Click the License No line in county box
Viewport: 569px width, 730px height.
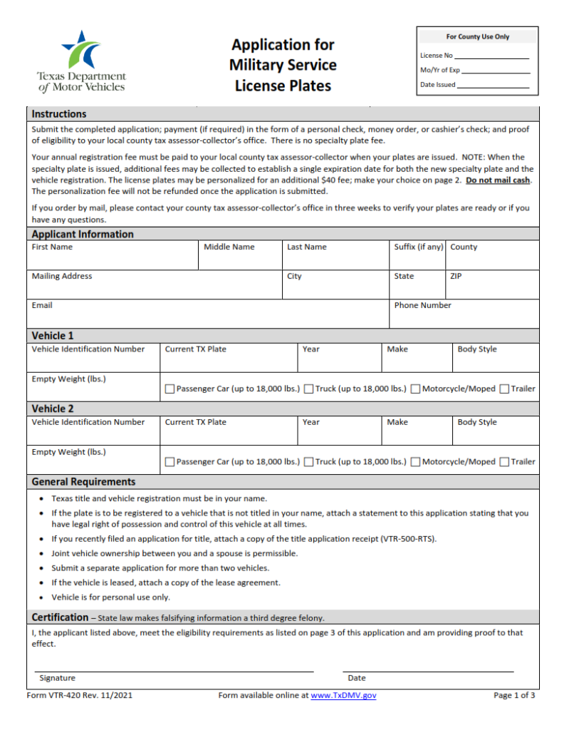tap(491, 57)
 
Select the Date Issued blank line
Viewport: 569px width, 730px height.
tap(493, 86)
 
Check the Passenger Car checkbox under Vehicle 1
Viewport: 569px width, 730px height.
tap(169, 389)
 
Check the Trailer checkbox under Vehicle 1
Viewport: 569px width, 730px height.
tap(504, 389)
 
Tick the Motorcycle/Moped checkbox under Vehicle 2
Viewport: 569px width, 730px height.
tap(415, 462)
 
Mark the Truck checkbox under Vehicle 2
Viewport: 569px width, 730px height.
tap(309, 462)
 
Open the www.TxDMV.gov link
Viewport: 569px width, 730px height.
tap(343, 695)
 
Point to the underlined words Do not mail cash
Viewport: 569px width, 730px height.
tap(498, 180)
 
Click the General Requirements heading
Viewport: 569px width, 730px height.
tap(83, 482)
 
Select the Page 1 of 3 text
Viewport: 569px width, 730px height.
tap(514, 695)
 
